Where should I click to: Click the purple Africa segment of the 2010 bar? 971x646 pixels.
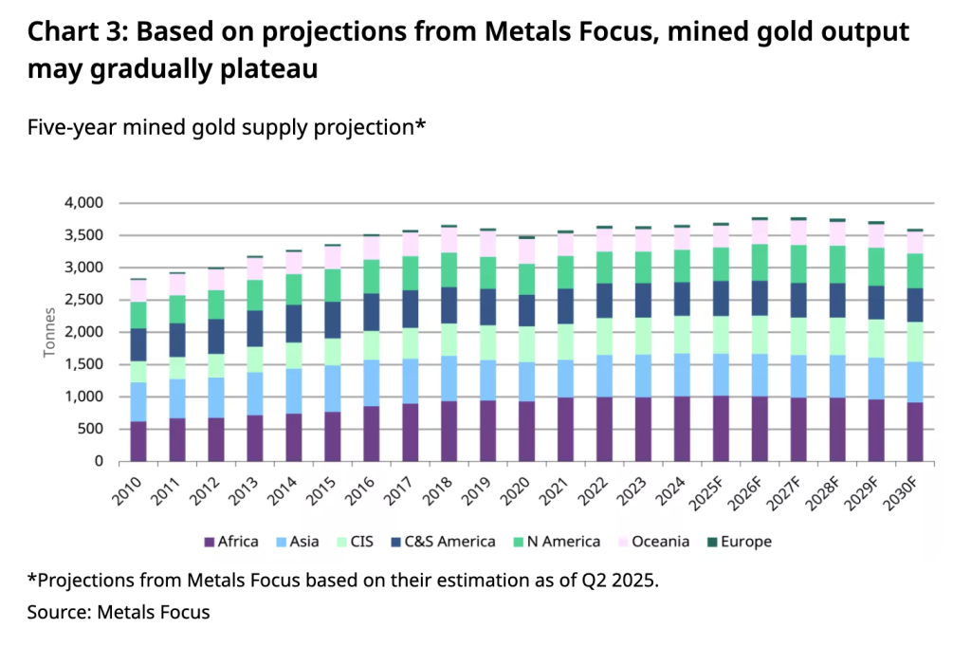coord(138,441)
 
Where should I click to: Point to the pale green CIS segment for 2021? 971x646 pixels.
coord(566,342)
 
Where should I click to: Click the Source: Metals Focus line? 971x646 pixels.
coord(119,612)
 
